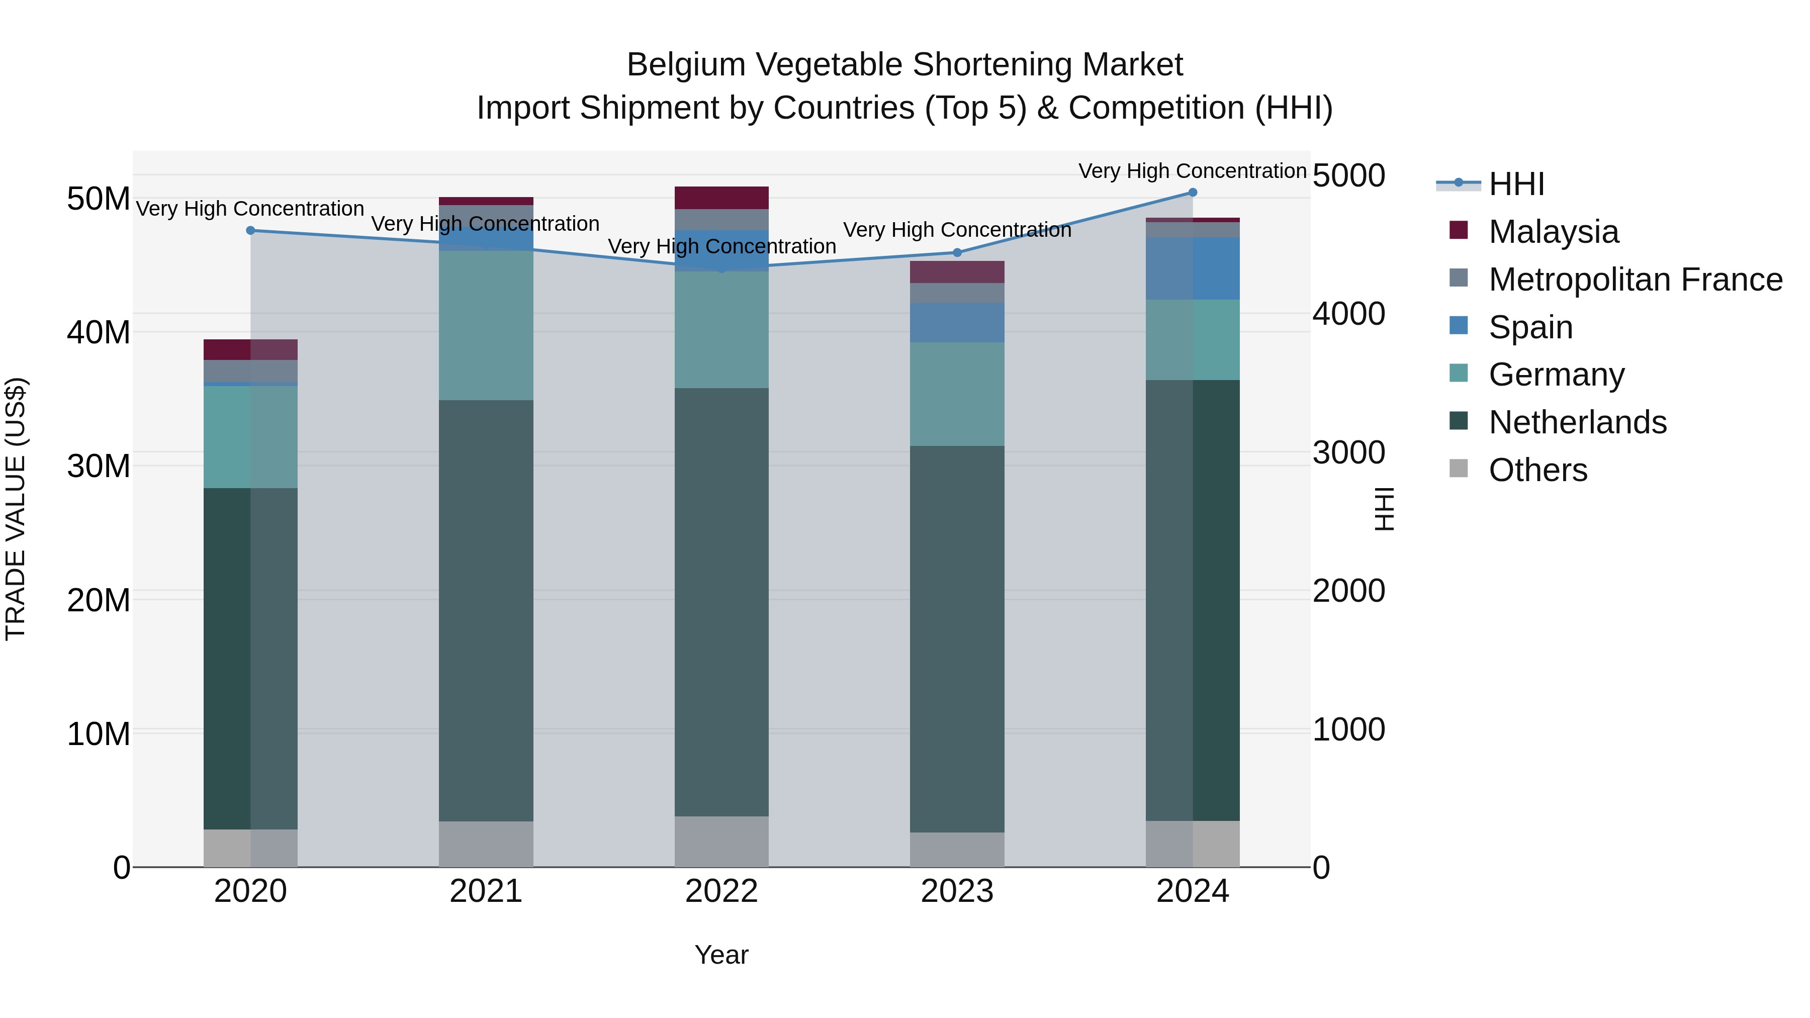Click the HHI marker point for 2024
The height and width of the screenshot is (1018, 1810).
coord(1193,193)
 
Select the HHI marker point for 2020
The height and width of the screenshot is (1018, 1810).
coord(250,230)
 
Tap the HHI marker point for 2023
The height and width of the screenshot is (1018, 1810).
coord(957,253)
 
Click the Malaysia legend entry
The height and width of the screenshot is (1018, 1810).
coord(1553,232)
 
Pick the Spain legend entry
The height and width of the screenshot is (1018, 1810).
coord(1530,327)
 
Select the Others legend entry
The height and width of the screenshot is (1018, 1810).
coord(1537,470)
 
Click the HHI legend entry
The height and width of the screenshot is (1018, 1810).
coord(1516,184)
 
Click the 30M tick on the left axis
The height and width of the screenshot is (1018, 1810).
coord(99,466)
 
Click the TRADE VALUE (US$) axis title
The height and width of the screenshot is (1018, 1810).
coord(16,509)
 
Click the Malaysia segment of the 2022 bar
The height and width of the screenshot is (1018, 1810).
coord(721,198)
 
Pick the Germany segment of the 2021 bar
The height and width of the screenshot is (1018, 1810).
coord(486,325)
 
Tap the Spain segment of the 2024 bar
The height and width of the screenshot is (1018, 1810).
coord(1193,268)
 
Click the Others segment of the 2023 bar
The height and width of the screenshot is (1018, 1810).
coord(957,850)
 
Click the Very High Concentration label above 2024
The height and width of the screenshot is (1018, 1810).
coord(1193,171)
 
